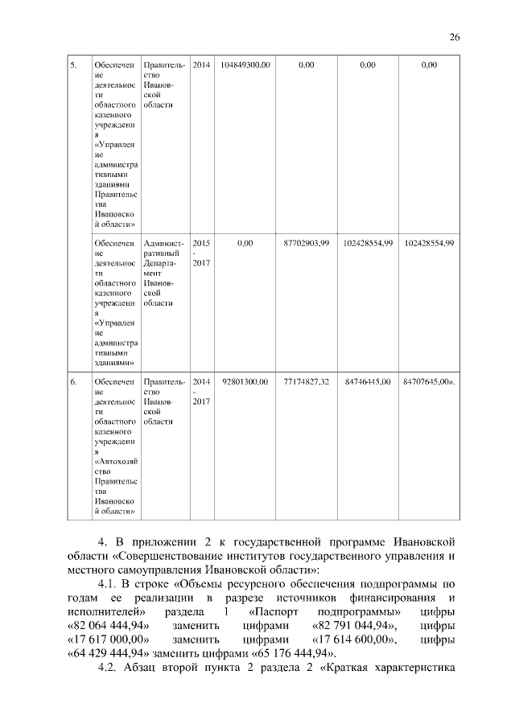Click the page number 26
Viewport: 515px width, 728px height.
[454, 37]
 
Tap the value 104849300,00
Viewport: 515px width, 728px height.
[245, 64]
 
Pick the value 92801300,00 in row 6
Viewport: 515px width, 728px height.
[245, 381]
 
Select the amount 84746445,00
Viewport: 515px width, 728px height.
[368, 381]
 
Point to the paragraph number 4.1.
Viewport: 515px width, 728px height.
[109, 583]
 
